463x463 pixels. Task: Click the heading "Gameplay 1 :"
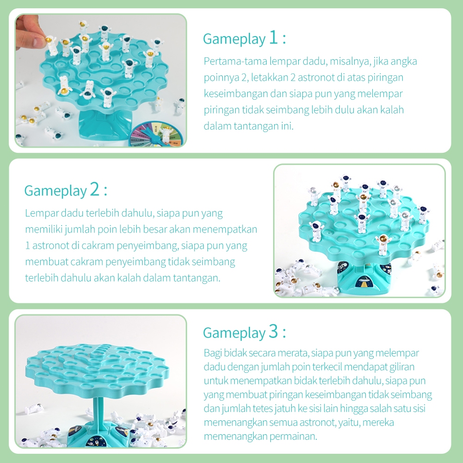(244, 38)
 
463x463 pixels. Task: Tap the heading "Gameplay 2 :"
(66, 190)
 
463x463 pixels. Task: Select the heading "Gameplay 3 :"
(244, 332)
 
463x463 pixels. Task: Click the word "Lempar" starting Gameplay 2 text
(41, 213)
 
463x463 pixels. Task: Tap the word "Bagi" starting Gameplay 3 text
(212, 353)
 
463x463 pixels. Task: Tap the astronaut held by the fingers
(51, 45)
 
